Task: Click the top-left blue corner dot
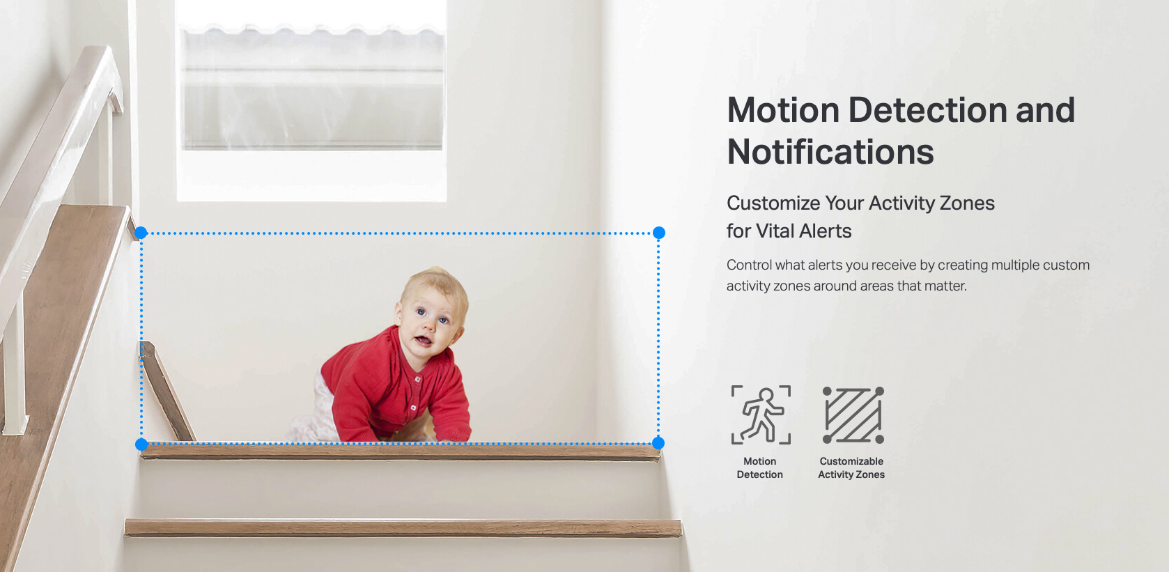[141, 233]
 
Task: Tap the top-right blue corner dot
[658, 233]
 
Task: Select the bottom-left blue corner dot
[141, 444]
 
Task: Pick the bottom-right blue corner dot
[658, 443]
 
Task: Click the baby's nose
[429, 325]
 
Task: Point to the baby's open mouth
[423, 341]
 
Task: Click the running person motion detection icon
[761, 415]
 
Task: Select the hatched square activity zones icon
[853, 415]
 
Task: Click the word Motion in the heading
[783, 110]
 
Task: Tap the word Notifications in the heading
[830, 152]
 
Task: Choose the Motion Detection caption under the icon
[760, 467]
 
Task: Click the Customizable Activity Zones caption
[851, 467]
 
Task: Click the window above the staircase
[311, 100]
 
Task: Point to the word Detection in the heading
[927, 110]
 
